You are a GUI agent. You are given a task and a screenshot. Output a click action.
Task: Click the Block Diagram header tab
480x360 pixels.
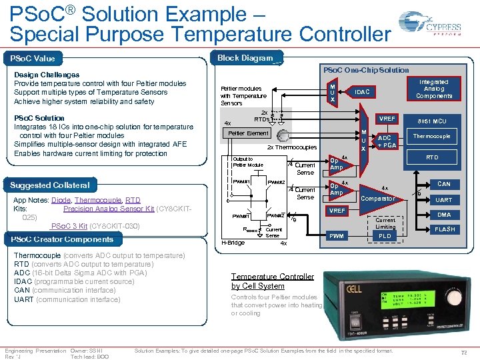(x=246, y=58)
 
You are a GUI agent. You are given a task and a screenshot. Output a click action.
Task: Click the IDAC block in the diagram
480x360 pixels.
(x=362, y=91)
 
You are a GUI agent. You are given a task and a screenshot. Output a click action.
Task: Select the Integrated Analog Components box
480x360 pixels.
(x=433, y=89)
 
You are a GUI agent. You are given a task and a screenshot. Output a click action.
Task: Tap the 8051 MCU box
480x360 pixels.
(x=431, y=121)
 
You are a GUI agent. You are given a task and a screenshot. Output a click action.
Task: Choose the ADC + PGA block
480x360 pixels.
(x=387, y=141)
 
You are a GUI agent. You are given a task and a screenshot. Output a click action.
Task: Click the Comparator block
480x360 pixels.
(x=378, y=198)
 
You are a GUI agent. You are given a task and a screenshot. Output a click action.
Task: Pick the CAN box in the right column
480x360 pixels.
(x=443, y=184)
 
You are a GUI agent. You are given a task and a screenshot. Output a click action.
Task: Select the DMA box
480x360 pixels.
(x=444, y=215)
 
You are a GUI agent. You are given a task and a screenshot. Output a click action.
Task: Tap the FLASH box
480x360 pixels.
(x=444, y=229)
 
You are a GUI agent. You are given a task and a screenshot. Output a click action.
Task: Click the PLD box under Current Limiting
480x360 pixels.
(x=385, y=236)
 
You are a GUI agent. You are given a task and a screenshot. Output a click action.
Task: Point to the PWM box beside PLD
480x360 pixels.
(x=336, y=236)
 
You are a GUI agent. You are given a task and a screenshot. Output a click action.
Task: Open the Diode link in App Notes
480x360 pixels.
(x=61, y=200)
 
